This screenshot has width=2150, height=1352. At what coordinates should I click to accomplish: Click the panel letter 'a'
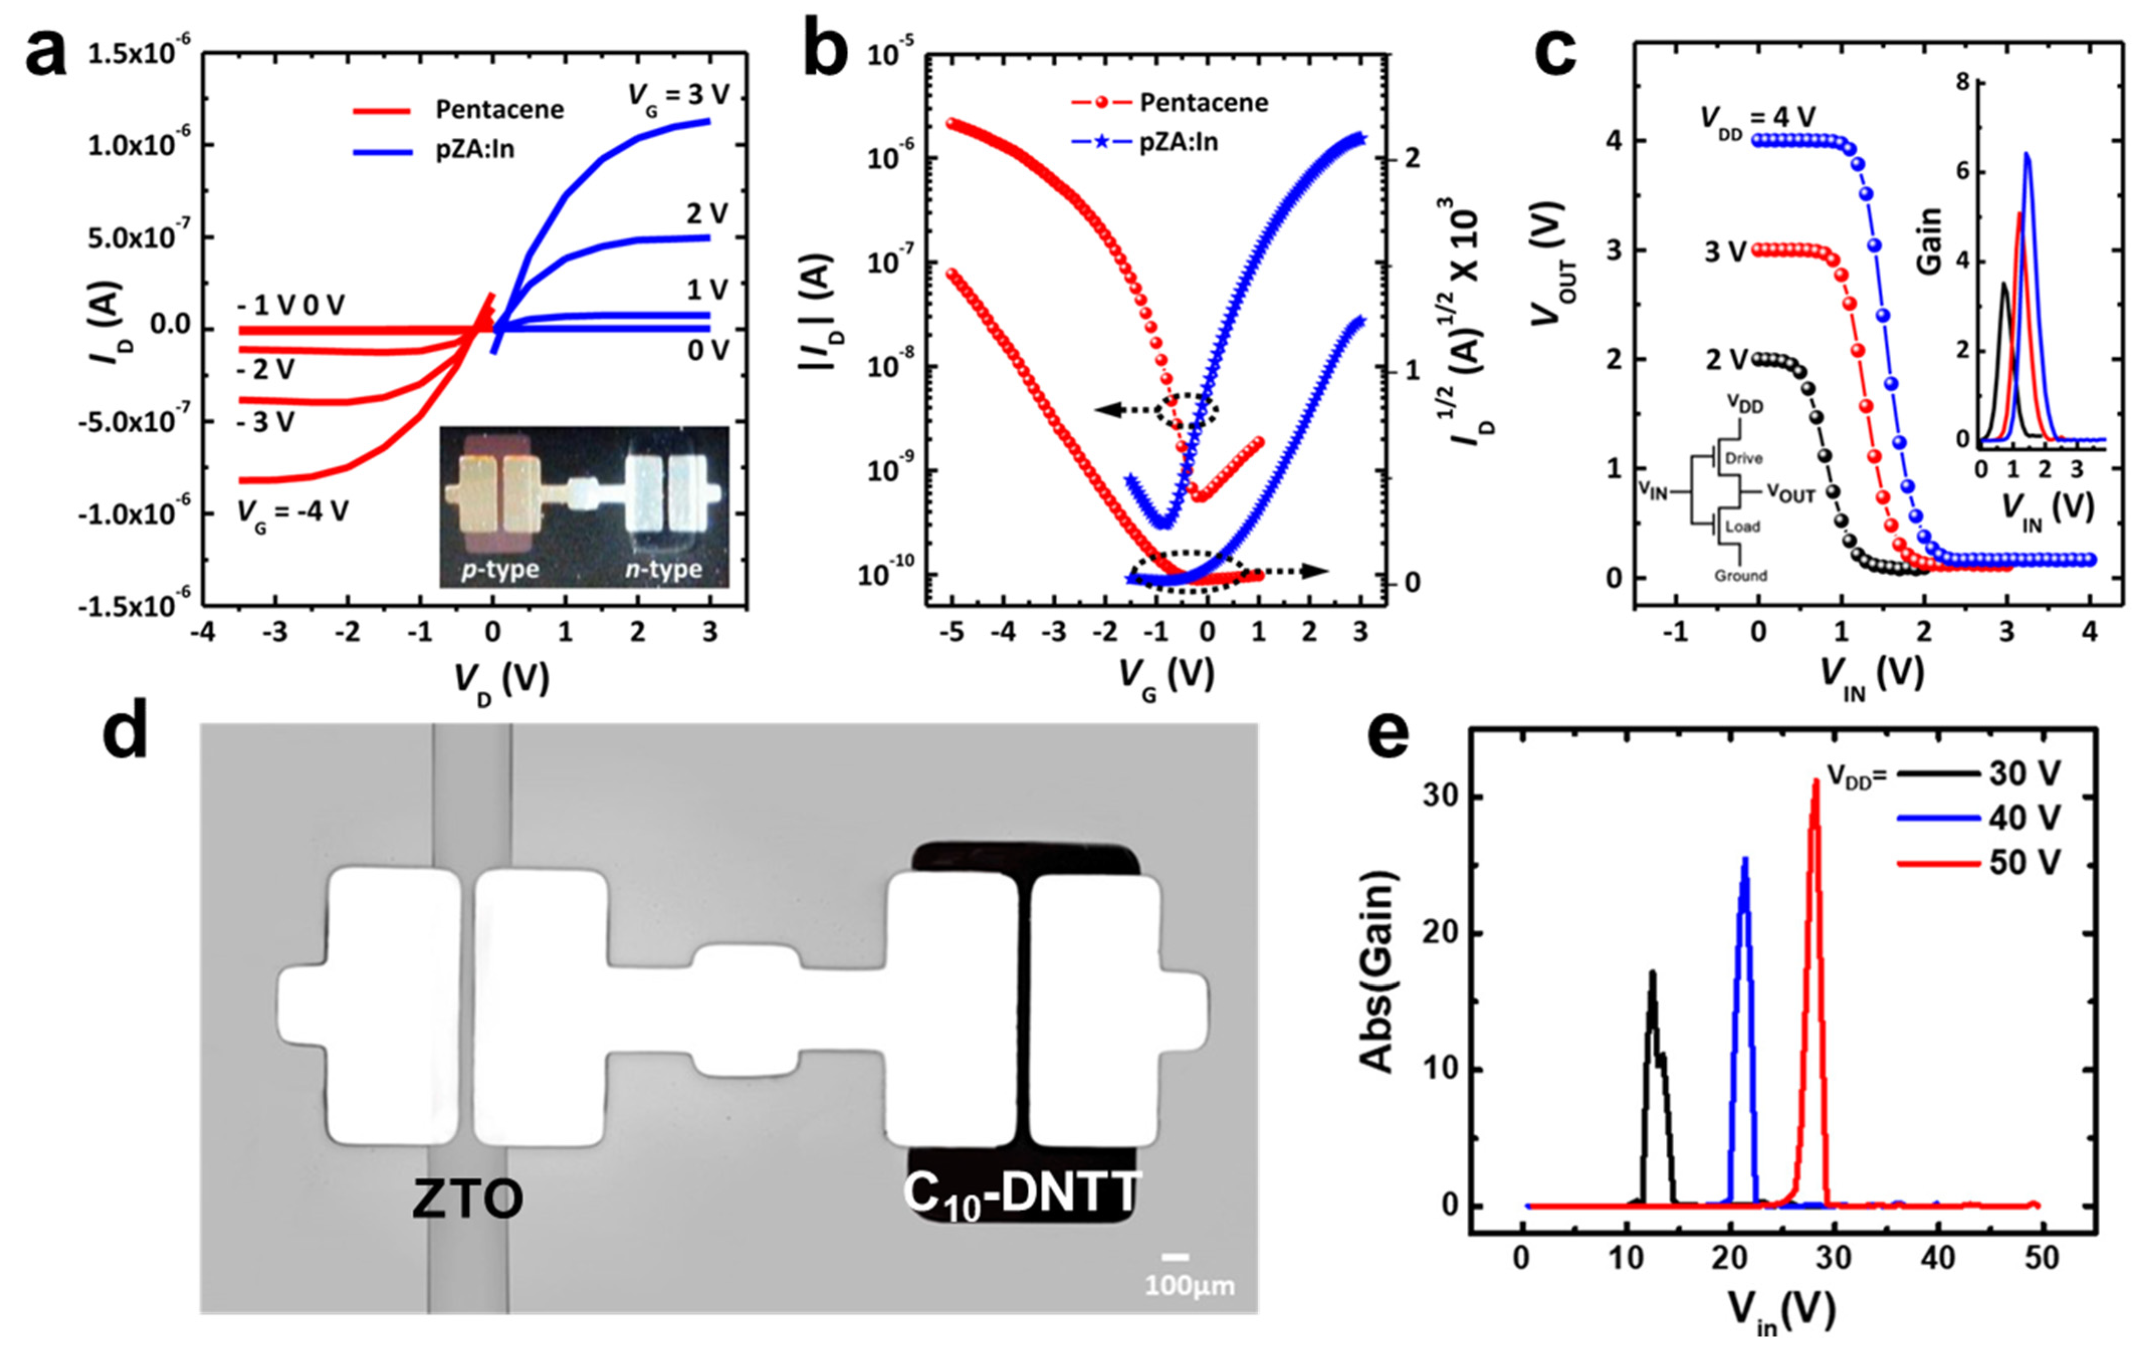(46, 55)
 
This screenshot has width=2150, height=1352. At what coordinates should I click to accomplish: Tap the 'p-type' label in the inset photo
(500, 569)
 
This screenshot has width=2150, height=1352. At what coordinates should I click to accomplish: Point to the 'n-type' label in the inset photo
(664, 569)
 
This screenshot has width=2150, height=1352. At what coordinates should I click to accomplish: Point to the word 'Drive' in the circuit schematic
(1743, 458)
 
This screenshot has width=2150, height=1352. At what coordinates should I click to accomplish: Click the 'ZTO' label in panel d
(467, 1199)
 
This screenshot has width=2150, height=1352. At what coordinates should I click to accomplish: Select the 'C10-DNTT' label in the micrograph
(1022, 1194)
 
